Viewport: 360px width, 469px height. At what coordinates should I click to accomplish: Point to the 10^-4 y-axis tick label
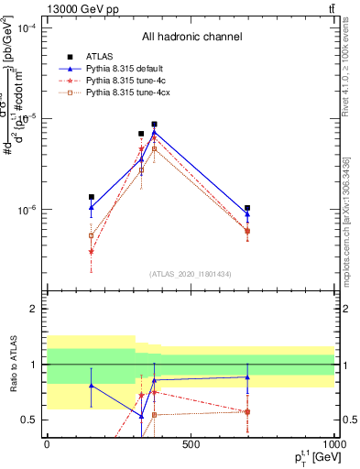click(28, 28)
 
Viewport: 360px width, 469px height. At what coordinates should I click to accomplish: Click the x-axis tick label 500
click(190, 445)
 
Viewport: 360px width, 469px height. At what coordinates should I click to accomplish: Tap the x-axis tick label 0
click(47, 445)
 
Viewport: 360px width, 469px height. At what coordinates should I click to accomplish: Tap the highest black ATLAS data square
click(155, 125)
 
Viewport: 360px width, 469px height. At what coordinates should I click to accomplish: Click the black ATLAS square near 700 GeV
click(247, 208)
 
